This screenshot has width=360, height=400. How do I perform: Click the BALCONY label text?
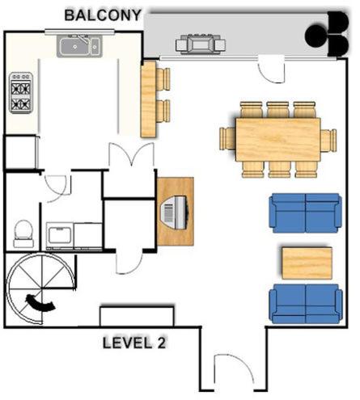click(104, 15)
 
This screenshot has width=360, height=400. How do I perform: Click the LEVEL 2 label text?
click(134, 343)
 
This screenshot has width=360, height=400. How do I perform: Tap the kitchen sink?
click(78, 47)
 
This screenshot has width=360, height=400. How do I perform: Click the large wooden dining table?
click(277, 140)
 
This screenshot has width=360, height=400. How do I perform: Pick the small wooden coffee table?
click(306, 263)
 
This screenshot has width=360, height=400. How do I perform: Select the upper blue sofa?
click(305, 213)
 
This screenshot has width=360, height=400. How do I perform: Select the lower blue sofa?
click(305, 303)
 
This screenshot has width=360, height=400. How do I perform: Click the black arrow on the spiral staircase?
click(40, 302)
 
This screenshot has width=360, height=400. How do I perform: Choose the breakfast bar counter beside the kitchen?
click(149, 99)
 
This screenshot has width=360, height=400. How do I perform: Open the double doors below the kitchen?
click(129, 156)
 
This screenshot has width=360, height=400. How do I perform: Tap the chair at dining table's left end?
click(226, 140)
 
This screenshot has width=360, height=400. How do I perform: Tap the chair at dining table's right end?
click(328, 140)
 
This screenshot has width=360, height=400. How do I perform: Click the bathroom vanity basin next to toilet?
click(61, 235)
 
